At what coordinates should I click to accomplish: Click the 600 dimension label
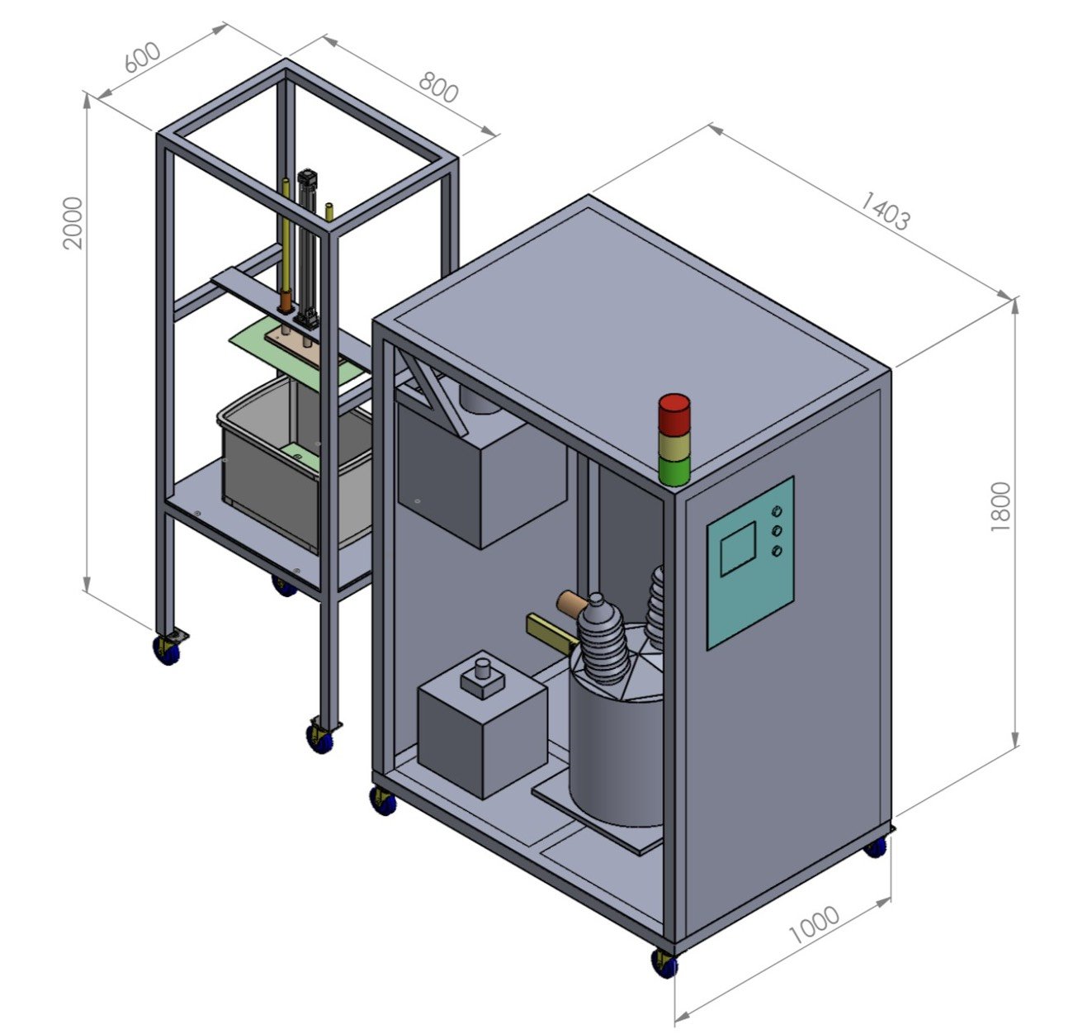[x=142, y=58]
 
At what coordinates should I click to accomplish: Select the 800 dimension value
[x=439, y=88]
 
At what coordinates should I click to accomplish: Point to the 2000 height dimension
[x=73, y=223]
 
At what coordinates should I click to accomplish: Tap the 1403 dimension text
[x=885, y=211]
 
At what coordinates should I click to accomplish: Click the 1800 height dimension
[x=1000, y=507]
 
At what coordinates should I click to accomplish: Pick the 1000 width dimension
[x=814, y=925]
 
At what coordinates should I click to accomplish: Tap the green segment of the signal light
[x=674, y=471]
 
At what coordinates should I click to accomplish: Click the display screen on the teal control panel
[x=738, y=548]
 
